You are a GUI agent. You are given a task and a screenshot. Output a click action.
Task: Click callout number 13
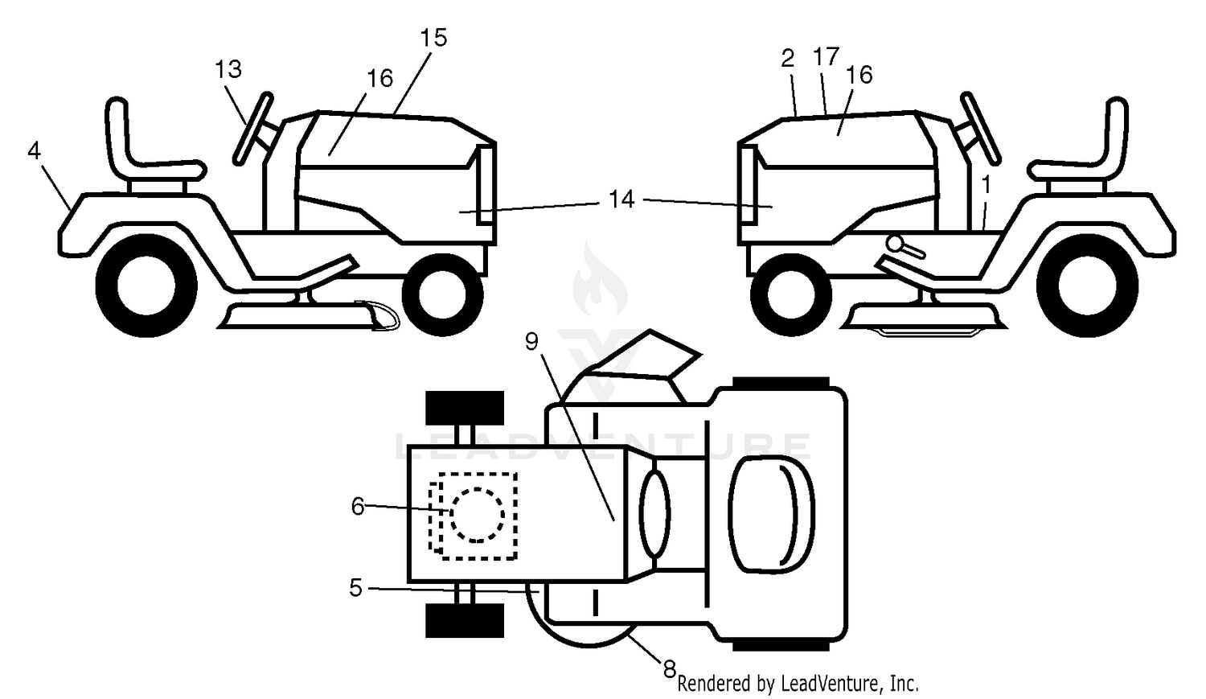tap(228, 69)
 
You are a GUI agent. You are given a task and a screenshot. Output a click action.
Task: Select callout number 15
tap(433, 38)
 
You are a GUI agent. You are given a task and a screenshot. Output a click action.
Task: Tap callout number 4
tap(34, 150)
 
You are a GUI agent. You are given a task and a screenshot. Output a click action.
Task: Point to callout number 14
tap(621, 199)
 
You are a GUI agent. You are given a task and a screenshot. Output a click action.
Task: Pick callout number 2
tap(788, 59)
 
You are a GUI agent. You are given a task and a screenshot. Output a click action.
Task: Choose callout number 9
tap(532, 341)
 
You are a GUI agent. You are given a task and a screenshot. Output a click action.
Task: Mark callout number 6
tap(358, 507)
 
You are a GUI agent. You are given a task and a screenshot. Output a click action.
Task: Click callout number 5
tap(356, 588)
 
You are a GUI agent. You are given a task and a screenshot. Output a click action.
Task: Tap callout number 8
tap(669, 670)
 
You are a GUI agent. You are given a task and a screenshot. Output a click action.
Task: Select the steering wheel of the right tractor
tap(980, 128)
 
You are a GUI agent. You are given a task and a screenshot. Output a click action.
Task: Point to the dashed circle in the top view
tap(477, 515)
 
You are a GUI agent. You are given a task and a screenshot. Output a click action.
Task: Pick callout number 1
tap(986, 185)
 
